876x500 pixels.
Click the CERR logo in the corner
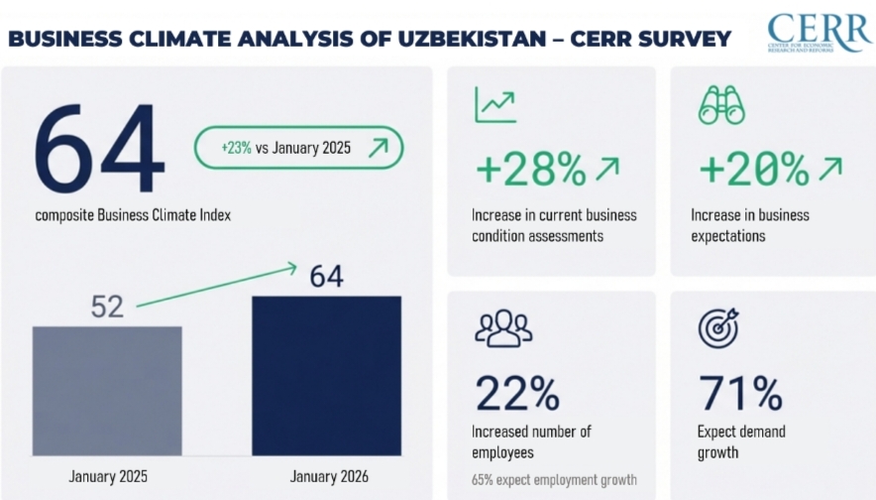818,33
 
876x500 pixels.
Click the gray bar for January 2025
107,389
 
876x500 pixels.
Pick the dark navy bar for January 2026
326,374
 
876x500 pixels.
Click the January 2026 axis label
327,477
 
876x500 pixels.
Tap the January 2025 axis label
108,477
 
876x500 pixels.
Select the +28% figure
531,170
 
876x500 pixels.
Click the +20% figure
754,170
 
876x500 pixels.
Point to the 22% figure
517,394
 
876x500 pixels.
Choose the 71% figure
740,394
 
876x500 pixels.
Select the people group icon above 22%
503,328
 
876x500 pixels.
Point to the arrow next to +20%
830,168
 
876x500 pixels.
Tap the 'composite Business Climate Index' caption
133,214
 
